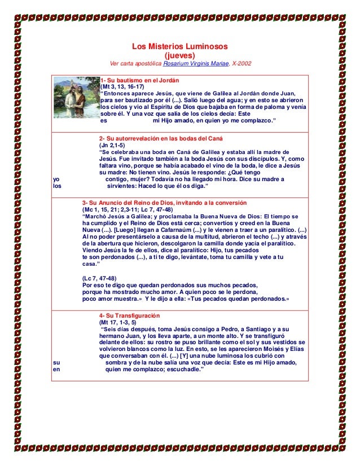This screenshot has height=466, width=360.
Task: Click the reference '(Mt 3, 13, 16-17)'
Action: [x=122, y=87]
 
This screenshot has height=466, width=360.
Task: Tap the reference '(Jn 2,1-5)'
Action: [x=112, y=146]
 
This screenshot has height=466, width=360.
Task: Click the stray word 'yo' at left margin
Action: [x=56, y=179]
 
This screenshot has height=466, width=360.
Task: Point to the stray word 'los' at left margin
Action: [x=57, y=186]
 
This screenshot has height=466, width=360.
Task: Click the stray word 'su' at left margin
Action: [x=56, y=363]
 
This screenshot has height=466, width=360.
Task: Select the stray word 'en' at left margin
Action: [x=56, y=370]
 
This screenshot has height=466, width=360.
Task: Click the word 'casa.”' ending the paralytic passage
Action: [x=91, y=264]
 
